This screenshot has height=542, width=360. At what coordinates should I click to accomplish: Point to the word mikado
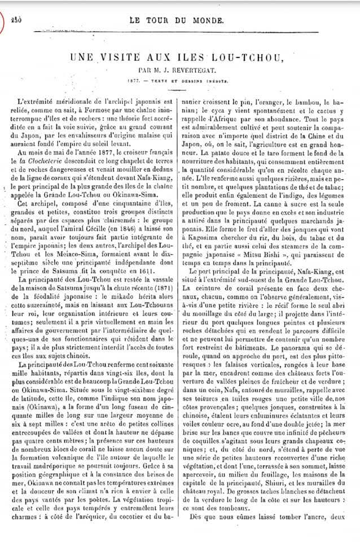click(119, 267)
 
